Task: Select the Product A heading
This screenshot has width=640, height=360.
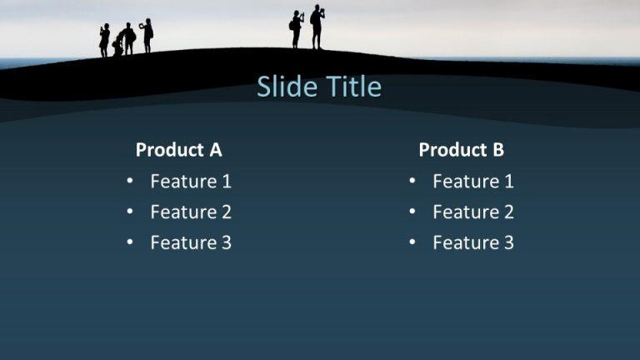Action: click(178, 150)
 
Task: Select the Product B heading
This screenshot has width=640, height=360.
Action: click(461, 150)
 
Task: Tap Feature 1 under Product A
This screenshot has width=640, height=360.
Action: click(191, 181)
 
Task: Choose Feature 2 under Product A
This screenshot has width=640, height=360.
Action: click(191, 212)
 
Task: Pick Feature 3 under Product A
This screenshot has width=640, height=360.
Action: click(191, 242)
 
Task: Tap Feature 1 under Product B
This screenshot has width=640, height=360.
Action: click(473, 181)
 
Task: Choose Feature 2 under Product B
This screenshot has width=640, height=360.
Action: click(473, 212)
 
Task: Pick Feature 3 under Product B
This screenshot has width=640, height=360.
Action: click(473, 242)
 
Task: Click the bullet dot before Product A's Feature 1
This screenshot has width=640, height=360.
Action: click(130, 181)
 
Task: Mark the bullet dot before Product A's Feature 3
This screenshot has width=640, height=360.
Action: click(130, 242)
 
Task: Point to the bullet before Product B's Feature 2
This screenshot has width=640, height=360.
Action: click(412, 212)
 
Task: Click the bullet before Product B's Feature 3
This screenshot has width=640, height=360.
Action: click(412, 242)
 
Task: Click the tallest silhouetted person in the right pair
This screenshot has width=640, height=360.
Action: click(317, 27)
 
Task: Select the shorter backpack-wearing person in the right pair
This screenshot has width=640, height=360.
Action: click(296, 29)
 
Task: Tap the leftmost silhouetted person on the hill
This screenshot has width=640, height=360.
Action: click(104, 40)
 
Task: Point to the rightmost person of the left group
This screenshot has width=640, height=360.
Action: click(147, 35)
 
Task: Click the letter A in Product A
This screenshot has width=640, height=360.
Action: click(216, 150)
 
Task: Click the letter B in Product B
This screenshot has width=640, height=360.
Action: click(497, 150)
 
